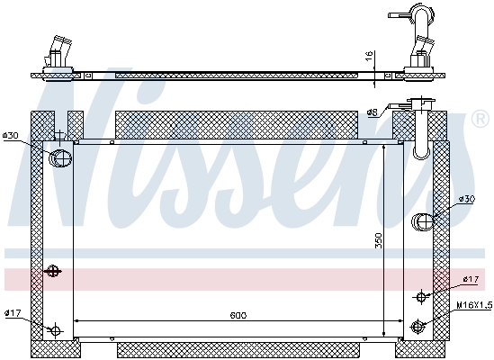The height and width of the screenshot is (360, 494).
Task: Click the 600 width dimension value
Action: pyautogui.click(x=238, y=314)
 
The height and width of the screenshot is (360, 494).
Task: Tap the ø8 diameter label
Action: pyautogui.click(x=372, y=112)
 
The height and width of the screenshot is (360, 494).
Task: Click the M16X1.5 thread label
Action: pyautogui.click(x=473, y=305)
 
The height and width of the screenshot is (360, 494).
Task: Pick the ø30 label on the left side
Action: pyautogui.click(x=11, y=136)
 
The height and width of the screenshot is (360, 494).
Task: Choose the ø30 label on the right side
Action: pyautogui.click(x=466, y=198)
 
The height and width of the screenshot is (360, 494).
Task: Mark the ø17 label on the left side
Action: pyautogui.click(x=12, y=313)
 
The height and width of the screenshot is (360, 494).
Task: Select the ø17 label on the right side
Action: pyautogui.click(x=470, y=280)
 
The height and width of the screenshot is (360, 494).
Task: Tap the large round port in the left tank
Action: pyautogui.click(x=60, y=158)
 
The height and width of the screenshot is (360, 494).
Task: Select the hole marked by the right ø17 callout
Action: pyautogui.click(x=420, y=296)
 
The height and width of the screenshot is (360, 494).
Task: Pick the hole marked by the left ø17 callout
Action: pyautogui.click(x=56, y=329)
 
